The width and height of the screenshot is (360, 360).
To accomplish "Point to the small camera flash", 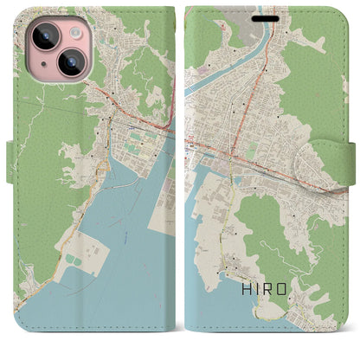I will (73, 30).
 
